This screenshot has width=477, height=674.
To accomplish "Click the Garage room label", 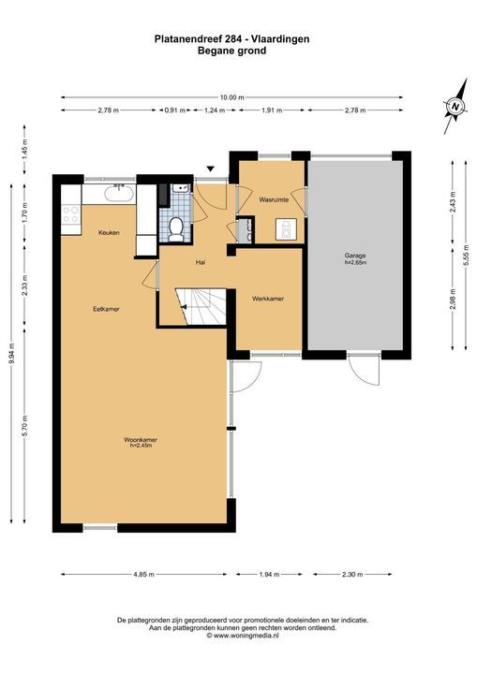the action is (x=355, y=256).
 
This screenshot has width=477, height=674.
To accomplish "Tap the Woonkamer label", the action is (x=141, y=440).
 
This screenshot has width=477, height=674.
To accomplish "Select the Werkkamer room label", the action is (x=268, y=299).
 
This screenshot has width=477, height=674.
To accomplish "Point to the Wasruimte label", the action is (x=274, y=199).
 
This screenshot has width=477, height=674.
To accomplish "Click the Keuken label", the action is (x=109, y=232).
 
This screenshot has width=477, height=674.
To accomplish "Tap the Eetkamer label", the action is (x=106, y=309).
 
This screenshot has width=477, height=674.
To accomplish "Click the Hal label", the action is (x=201, y=262).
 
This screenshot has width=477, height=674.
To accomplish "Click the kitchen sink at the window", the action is (x=121, y=195).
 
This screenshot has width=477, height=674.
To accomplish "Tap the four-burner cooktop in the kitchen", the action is (x=71, y=214).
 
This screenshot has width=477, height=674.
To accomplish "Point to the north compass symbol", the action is (x=455, y=106).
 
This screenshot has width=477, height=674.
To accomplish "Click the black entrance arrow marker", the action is (x=211, y=168).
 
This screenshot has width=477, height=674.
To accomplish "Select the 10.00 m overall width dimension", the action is (x=232, y=97).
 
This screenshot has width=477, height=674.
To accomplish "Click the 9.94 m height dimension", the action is (x=11, y=353).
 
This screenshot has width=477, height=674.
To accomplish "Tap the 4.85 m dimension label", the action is (x=144, y=574).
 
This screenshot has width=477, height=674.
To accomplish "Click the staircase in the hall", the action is (x=201, y=306).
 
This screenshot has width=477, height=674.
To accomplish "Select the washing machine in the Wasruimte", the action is (x=286, y=229).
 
